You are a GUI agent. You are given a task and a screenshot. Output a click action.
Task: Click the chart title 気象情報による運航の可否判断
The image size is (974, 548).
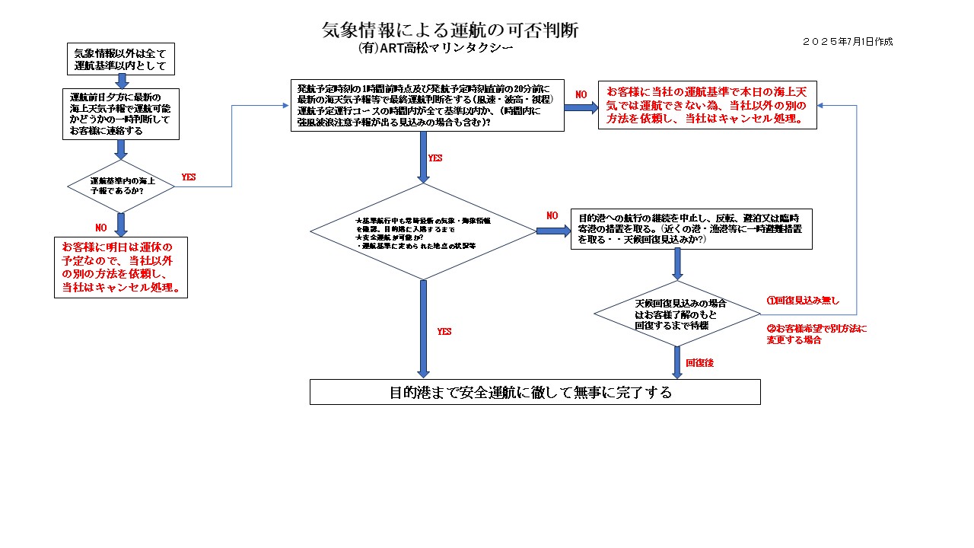(x=450, y=30)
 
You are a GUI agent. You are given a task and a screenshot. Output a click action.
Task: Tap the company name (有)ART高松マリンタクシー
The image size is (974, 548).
(x=435, y=48)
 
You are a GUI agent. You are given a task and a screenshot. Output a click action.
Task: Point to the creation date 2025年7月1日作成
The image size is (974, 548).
(x=848, y=42)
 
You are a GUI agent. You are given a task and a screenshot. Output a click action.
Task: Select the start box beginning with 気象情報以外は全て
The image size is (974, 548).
(x=120, y=59)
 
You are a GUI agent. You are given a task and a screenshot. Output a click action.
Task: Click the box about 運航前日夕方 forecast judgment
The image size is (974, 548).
(x=120, y=114)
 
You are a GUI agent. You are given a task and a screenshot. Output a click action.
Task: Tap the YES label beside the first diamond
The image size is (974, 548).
(x=188, y=177)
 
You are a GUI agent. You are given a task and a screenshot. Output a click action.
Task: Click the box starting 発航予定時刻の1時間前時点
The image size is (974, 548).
(x=427, y=105)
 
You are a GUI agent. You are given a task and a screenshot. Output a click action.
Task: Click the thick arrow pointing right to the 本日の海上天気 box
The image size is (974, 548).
(x=581, y=107)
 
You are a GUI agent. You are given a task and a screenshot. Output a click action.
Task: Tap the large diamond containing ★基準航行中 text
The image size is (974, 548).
(x=423, y=231)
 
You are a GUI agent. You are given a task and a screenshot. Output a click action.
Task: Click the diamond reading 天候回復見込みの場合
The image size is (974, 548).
(x=676, y=314)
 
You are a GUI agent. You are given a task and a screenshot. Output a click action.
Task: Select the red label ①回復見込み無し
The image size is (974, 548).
(x=802, y=301)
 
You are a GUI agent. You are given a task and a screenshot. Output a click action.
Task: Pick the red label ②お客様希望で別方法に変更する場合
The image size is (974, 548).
(x=816, y=334)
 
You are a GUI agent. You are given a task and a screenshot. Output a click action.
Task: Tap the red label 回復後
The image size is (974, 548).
(x=699, y=363)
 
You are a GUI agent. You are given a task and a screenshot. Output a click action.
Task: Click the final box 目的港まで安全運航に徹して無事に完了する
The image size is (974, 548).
(x=535, y=392)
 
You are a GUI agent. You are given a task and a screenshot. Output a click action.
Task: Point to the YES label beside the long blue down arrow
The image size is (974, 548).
(x=444, y=332)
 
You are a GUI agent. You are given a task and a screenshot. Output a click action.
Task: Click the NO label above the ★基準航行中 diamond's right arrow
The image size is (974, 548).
(x=552, y=215)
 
